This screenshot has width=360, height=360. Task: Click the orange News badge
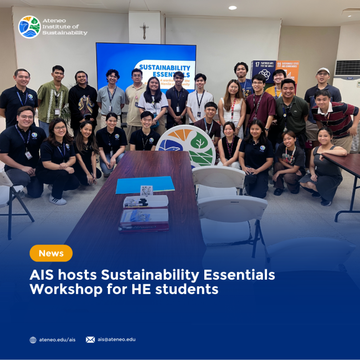(51, 253)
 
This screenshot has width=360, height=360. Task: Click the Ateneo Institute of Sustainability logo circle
(29, 27)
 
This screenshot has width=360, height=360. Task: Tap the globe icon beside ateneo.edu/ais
(33, 340)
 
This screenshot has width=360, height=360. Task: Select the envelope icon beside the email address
(90, 340)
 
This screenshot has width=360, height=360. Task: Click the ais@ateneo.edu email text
(116, 340)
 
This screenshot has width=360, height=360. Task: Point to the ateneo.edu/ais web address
(57, 340)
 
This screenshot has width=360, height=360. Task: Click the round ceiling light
(232, 8)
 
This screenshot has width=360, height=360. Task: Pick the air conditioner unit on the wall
(347, 68)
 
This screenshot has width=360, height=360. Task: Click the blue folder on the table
(145, 184)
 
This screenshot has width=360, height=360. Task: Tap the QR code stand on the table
(146, 191)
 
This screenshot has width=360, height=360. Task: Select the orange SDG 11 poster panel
(287, 70)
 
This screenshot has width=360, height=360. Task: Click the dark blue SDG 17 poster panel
(263, 71)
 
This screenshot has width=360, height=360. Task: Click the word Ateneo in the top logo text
(59, 20)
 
